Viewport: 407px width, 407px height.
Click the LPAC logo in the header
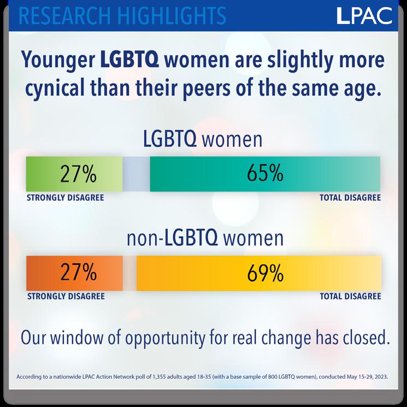(x=364, y=16)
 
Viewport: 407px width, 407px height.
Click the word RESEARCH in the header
(x=65, y=16)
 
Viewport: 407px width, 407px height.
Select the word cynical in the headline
(x=55, y=89)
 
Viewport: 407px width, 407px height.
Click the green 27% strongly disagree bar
(x=74, y=174)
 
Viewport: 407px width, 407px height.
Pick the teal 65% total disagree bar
(x=265, y=174)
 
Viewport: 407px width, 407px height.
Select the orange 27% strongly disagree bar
(x=74, y=273)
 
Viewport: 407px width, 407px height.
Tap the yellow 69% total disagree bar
(x=259, y=273)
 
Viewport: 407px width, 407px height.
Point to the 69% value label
(x=266, y=273)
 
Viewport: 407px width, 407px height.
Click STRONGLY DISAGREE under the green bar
(x=66, y=198)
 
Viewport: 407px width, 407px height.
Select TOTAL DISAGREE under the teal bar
(x=350, y=198)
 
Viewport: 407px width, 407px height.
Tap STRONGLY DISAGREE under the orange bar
(x=66, y=296)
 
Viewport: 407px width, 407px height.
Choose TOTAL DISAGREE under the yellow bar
(x=350, y=296)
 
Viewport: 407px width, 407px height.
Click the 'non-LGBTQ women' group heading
(x=205, y=238)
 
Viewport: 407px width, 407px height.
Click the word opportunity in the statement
(x=165, y=339)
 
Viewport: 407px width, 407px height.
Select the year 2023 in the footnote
(x=382, y=376)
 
